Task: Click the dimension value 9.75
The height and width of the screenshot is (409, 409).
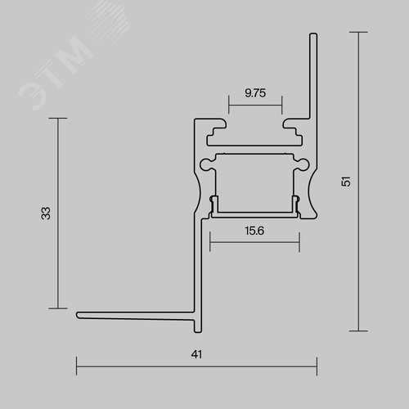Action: pos(255,93)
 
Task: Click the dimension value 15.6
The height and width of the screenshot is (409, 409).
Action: pos(254,231)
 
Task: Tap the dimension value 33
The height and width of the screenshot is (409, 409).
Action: pos(46,213)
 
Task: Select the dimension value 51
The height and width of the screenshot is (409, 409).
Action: pos(345,182)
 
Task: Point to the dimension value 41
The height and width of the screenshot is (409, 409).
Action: pos(196,354)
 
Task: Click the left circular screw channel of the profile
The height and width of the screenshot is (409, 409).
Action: pos(205,164)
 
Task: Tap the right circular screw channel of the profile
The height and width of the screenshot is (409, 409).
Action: pos(303,164)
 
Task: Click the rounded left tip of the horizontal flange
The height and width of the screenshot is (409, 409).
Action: pos(78,315)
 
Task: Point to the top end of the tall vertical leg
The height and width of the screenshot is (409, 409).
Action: pos(313,34)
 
